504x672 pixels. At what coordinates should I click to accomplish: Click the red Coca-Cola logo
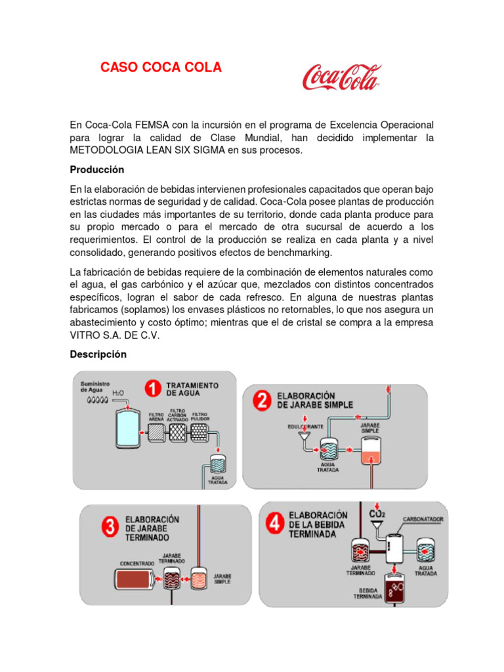click(x=341, y=77)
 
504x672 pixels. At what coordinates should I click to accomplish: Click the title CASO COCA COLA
click(x=161, y=68)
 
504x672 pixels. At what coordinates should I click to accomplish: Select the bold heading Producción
click(x=97, y=169)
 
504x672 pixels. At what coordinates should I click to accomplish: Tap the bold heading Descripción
click(x=98, y=354)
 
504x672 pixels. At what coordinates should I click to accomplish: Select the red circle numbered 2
click(x=261, y=401)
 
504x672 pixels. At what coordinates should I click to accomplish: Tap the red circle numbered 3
click(x=109, y=525)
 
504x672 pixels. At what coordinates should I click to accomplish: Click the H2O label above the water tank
click(x=118, y=394)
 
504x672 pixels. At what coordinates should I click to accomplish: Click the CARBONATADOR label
click(x=423, y=519)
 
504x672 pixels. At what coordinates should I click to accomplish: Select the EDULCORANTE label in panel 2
click(x=304, y=427)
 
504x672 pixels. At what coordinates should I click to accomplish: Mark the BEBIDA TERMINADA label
click(x=368, y=593)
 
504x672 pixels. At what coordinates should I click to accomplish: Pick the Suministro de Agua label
click(x=94, y=387)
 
